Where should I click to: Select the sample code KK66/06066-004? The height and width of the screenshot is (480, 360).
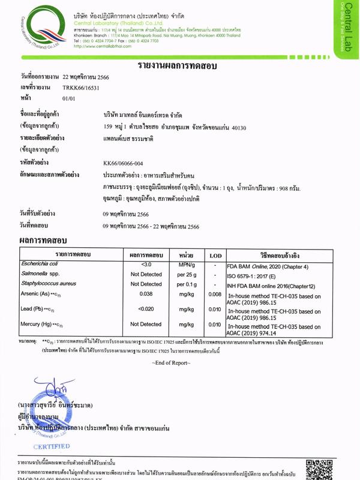click(128, 163)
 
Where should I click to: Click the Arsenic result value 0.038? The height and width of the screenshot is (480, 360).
click(146, 294)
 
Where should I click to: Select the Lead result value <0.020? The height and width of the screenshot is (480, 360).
click(146, 309)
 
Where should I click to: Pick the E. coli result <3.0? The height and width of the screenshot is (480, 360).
click(146, 265)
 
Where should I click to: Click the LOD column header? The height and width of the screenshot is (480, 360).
click(215, 255)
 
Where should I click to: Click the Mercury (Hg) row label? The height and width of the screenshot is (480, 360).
click(38, 324)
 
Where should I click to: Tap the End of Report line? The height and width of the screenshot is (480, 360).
click(179, 364)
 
